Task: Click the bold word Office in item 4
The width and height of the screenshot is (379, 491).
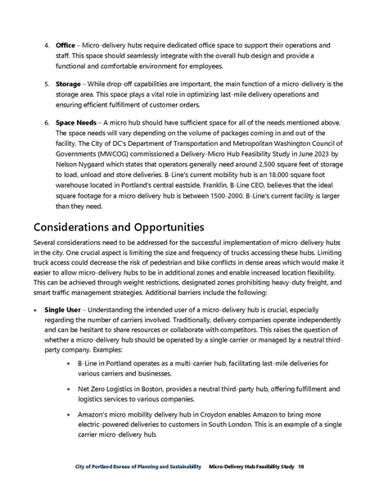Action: [65, 43]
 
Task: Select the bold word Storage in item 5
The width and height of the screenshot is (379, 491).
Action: [69, 84]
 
